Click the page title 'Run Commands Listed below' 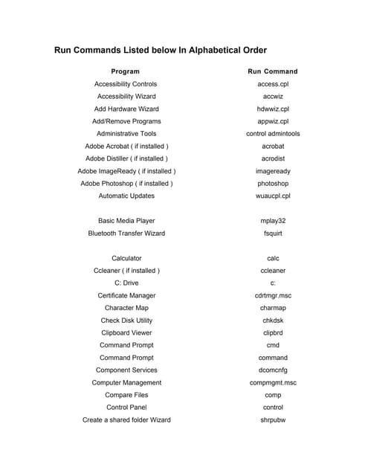(160, 51)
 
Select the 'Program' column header (125, 71)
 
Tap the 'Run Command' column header (272, 71)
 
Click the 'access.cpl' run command (273, 84)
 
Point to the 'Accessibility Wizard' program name (126, 97)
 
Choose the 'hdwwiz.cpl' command (273, 109)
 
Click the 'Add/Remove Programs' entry (126, 121)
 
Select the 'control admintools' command (273, 134)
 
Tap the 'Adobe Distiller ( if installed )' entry (126, 158)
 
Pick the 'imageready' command (273, 171)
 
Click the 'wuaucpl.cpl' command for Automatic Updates (273, 196)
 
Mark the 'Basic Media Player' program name (126, 221)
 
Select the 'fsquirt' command (273, 234)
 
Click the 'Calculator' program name (126, 258)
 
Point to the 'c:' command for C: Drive (273, 283)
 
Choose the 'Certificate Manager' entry (126, 295)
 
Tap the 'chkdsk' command (273, 321)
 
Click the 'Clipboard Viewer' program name (126, 333)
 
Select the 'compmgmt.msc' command (273, 382)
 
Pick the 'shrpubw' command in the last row (273, 420)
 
